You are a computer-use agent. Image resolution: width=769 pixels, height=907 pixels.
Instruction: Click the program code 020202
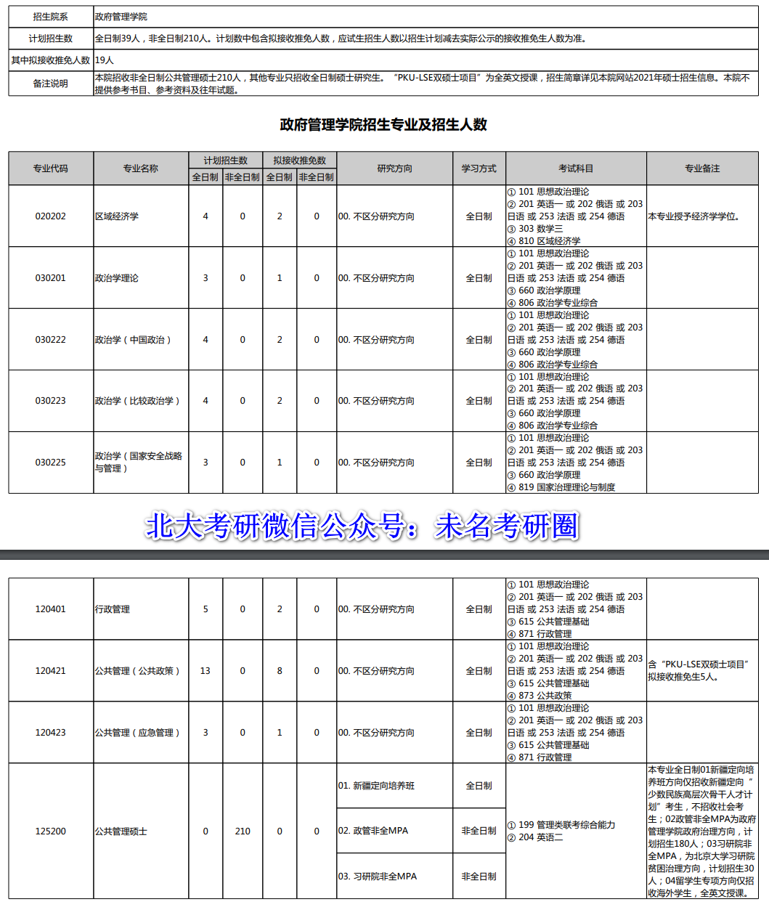tap(50, 216)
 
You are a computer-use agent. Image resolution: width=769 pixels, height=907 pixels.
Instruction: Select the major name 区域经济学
tap(116, 216)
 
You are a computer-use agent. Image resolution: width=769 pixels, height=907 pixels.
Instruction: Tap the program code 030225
tap(50, 463)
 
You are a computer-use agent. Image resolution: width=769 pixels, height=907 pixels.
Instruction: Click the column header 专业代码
tap(50, 168)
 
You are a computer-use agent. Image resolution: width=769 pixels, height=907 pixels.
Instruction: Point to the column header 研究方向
tap(394, 168)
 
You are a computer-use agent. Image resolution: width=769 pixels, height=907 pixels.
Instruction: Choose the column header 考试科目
tap(575, 168)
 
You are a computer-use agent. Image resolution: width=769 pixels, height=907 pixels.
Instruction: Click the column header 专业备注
tap(701, 168)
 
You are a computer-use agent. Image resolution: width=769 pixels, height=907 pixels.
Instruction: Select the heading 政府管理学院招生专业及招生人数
tap(383, 125)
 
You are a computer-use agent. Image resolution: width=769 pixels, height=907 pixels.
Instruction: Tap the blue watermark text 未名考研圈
tap(507, 526)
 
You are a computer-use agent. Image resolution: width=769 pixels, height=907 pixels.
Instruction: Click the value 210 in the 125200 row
tap(243, 831)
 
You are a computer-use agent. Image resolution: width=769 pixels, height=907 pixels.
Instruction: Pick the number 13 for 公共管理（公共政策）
tap(206, 671)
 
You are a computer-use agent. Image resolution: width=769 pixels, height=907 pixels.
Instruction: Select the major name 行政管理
tap(113, 609)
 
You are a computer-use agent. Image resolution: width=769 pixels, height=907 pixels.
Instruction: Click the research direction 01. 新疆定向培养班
tap(376, 786)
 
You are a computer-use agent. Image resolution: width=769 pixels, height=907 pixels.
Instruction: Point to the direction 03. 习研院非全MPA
tap(378, 877)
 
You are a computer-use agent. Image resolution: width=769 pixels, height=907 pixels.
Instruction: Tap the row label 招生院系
tap(50, 17)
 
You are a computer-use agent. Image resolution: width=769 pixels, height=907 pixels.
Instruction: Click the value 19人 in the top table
tap(105, 60)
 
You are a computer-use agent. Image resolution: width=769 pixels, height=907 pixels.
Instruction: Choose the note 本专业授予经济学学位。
tap(693, 216)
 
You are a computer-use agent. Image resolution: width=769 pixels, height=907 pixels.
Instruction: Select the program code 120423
tap(50, 733)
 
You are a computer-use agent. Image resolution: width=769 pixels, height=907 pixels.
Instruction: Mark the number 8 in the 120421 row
tap(280, 671)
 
